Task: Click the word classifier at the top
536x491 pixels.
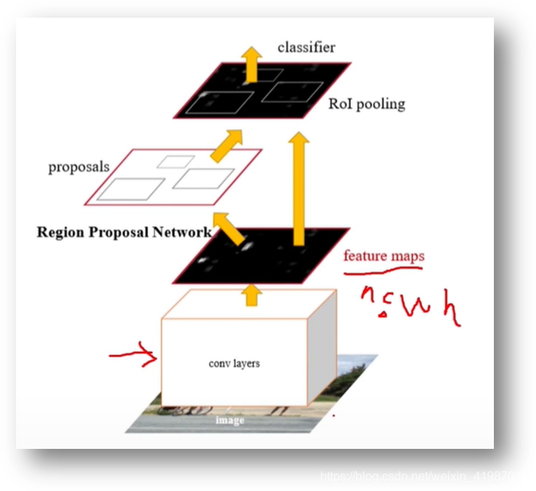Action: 306,47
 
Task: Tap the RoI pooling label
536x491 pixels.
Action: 367,104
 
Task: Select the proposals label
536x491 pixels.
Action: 79,166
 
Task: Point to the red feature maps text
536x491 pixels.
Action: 384,255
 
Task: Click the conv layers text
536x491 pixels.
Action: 234,363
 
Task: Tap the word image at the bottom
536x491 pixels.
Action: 230,421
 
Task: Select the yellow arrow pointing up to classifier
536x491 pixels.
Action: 250,64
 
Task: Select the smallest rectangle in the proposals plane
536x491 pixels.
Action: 175,162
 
